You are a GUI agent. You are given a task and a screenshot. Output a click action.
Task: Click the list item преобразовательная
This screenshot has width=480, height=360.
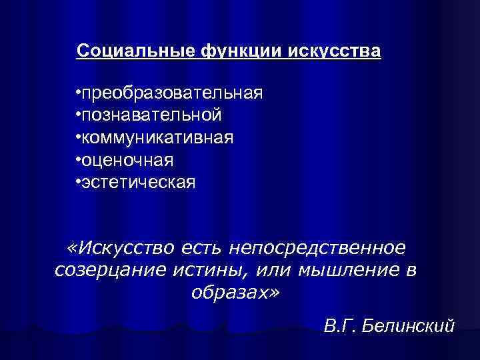[172, 93]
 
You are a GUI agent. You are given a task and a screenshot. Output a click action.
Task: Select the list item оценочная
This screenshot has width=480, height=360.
[127, 160]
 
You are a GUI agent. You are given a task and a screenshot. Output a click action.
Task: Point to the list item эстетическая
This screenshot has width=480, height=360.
[139, 182]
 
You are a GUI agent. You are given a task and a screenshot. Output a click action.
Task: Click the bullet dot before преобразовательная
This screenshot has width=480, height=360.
[79, 91]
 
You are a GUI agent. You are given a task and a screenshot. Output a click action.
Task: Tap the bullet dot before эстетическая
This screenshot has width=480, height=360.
[79, 181]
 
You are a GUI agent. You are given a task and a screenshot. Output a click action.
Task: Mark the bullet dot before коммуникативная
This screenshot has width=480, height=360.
[79, 136]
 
